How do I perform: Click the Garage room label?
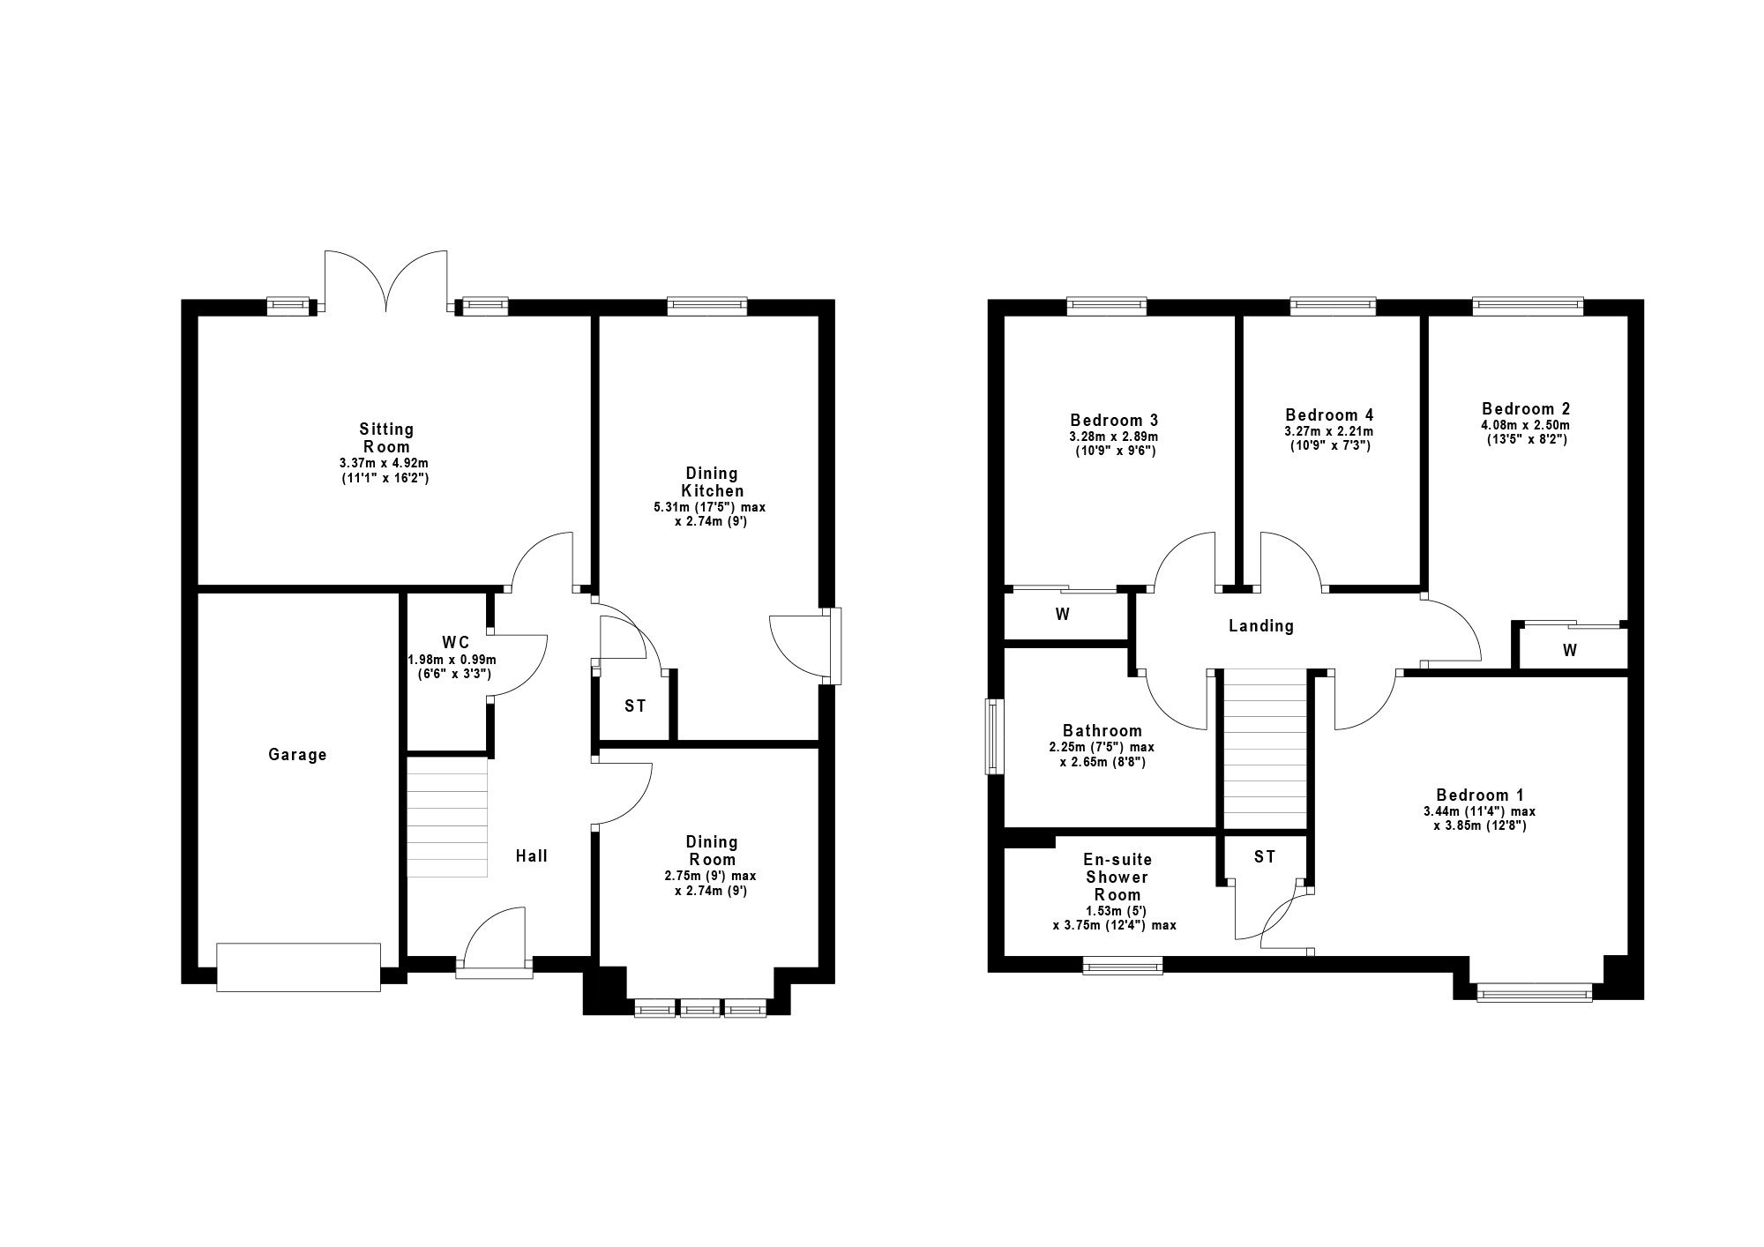(297, 755)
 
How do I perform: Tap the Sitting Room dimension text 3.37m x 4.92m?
(386, 464)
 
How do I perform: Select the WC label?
(456, 642)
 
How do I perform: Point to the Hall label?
(532, 855)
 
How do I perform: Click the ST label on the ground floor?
(635, 706)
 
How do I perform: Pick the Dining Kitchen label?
(713, 482)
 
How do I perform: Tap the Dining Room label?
(713, 851)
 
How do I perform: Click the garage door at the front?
(298, 967)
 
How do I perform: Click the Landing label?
(1261, 626)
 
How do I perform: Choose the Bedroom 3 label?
(1114, 420)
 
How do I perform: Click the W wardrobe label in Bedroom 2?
(1570, 651)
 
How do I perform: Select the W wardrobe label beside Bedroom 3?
(1063, 615)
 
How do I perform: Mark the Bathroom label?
(1102, 731)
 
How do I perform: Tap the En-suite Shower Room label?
(1117, 877)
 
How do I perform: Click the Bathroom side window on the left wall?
(996, 737)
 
